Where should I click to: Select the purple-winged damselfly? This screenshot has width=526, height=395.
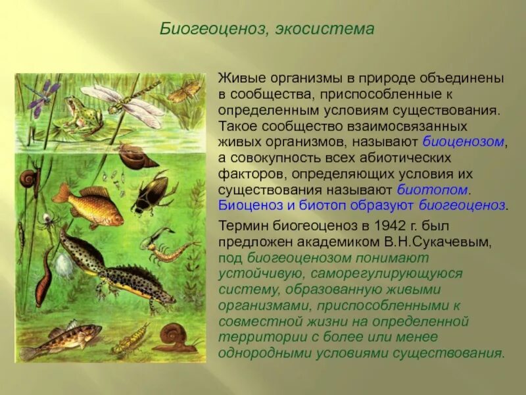pyautogui.click(x=41, y=95)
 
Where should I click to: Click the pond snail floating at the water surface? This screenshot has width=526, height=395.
pyautogui.click(x=138, y=156)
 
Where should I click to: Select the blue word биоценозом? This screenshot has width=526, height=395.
pyautogui.click(x=463, y=141)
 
